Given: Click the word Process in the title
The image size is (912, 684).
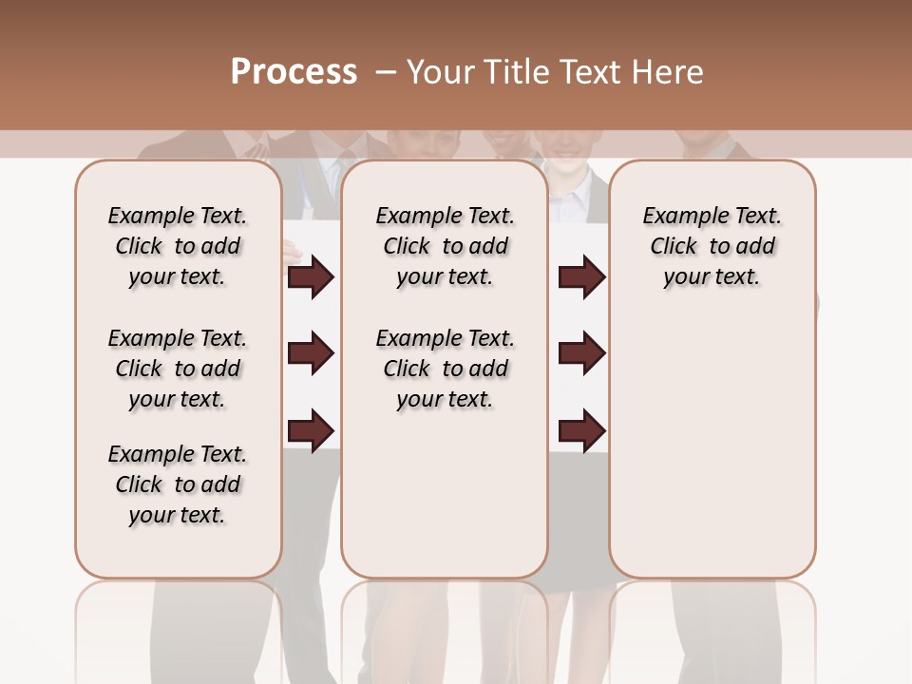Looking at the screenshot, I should (x=294, y=71).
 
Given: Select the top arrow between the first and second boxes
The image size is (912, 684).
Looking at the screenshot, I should (x=311, y=277).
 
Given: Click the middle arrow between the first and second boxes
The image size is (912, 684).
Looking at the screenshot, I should (x=311, y=353).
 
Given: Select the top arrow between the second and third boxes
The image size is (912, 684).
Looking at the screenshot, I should (x=581, y=277).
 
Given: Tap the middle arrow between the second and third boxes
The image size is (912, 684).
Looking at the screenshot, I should (x=581, y=353).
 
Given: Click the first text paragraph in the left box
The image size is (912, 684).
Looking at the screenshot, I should (x=178, y=246).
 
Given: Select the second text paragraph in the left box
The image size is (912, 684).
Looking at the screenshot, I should (x=178, y=369).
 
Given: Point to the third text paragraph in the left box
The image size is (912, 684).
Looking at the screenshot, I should (x=178, y=484).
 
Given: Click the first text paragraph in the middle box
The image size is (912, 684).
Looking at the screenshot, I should (x=445, y=246).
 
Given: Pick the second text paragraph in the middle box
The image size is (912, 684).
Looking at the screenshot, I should (x=445, y=369).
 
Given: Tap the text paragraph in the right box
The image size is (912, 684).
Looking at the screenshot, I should (x=712, y=246).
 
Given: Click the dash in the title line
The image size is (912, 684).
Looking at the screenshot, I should (x=386, y=72).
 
